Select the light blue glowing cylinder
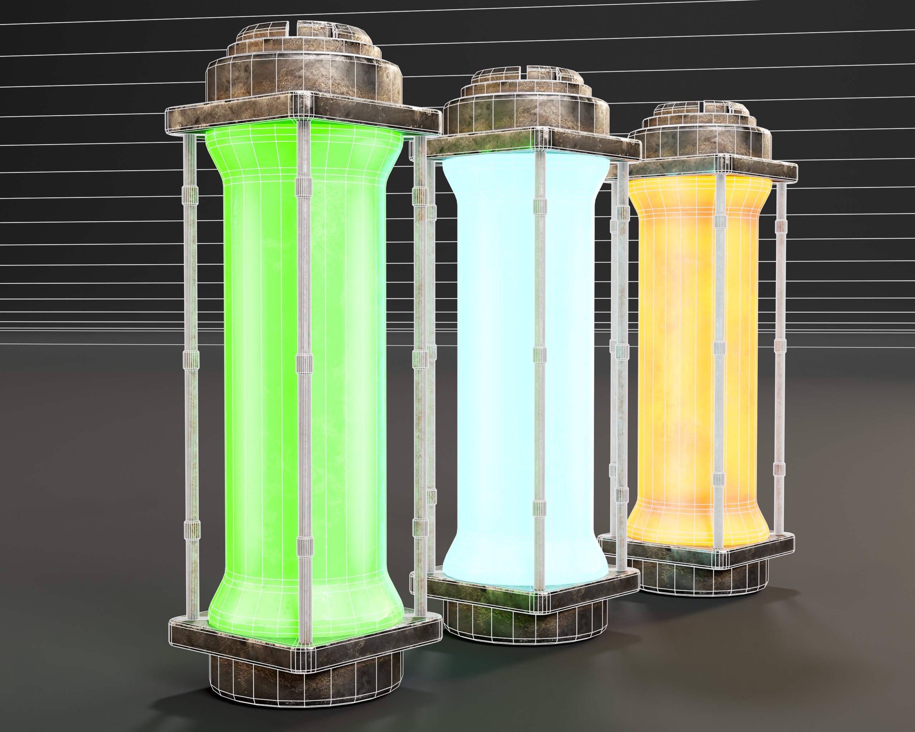click(492, 361)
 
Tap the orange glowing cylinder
click(675, 361)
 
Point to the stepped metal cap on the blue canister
click(526, 102)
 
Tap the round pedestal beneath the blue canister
click(526, 624)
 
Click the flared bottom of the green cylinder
click(306, 607)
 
